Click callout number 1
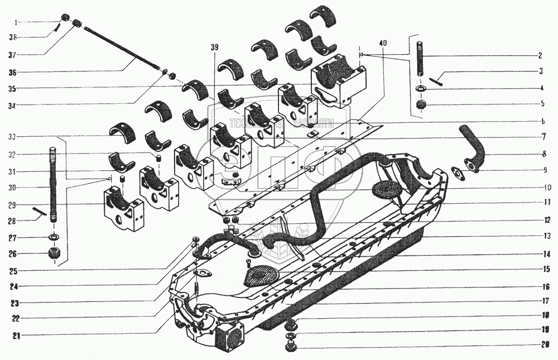pos(17,23)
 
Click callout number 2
pos(540,56)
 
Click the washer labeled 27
pos(55,238)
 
